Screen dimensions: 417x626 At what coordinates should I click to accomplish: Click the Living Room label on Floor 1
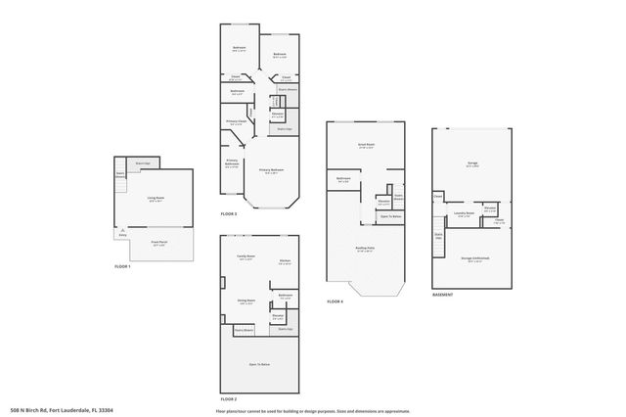pos(156,199)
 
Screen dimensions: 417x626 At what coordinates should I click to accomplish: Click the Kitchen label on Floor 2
pos(285,260)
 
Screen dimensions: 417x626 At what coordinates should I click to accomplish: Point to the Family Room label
pos(246,257)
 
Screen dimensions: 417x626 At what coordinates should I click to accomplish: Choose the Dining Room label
pos(246,301)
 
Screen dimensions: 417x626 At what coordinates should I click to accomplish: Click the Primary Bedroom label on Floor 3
pos(271,169)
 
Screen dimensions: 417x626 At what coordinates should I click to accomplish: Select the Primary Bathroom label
pos(232,164)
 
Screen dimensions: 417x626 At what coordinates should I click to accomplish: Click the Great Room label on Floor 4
pos(367,145)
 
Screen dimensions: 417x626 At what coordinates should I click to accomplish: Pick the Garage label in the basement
pos(472,165)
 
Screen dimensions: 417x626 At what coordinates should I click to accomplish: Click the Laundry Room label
pos(464,213)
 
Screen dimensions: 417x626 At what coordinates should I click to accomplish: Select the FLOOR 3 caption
pos(229,213)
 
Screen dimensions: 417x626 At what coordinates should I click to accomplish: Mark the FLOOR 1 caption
pos(122,265)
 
